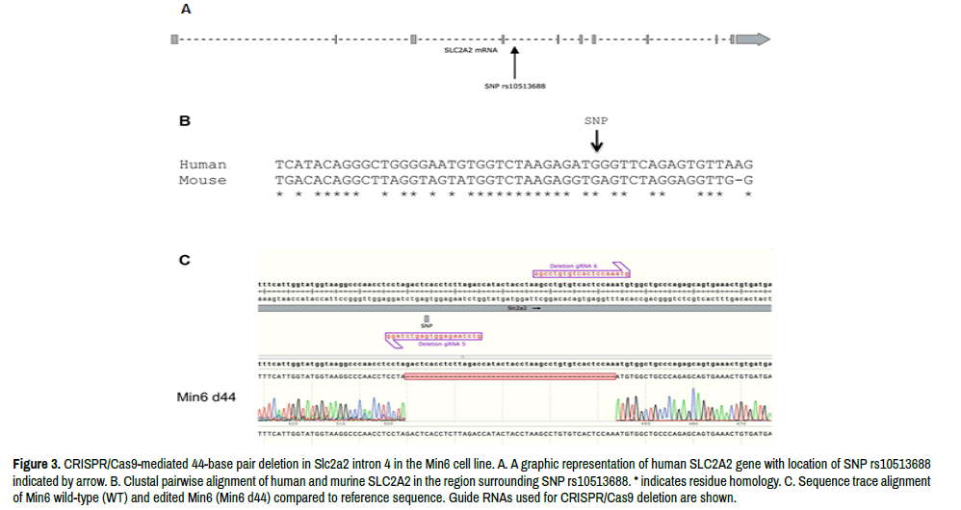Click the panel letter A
[x=186, y=10]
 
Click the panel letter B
[x=185, y=122]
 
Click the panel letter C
[x=186, y=260]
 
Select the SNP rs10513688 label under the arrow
[x=515, y=85]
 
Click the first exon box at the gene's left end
[x=173, y=38]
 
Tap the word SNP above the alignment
[x=597, y=121]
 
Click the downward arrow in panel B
[x=597, y=140]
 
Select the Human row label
[x=203, y=166]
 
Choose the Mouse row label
[x=203, y=180]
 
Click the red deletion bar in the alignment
[x=510, y=375]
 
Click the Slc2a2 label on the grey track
[x=517, y=310]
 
